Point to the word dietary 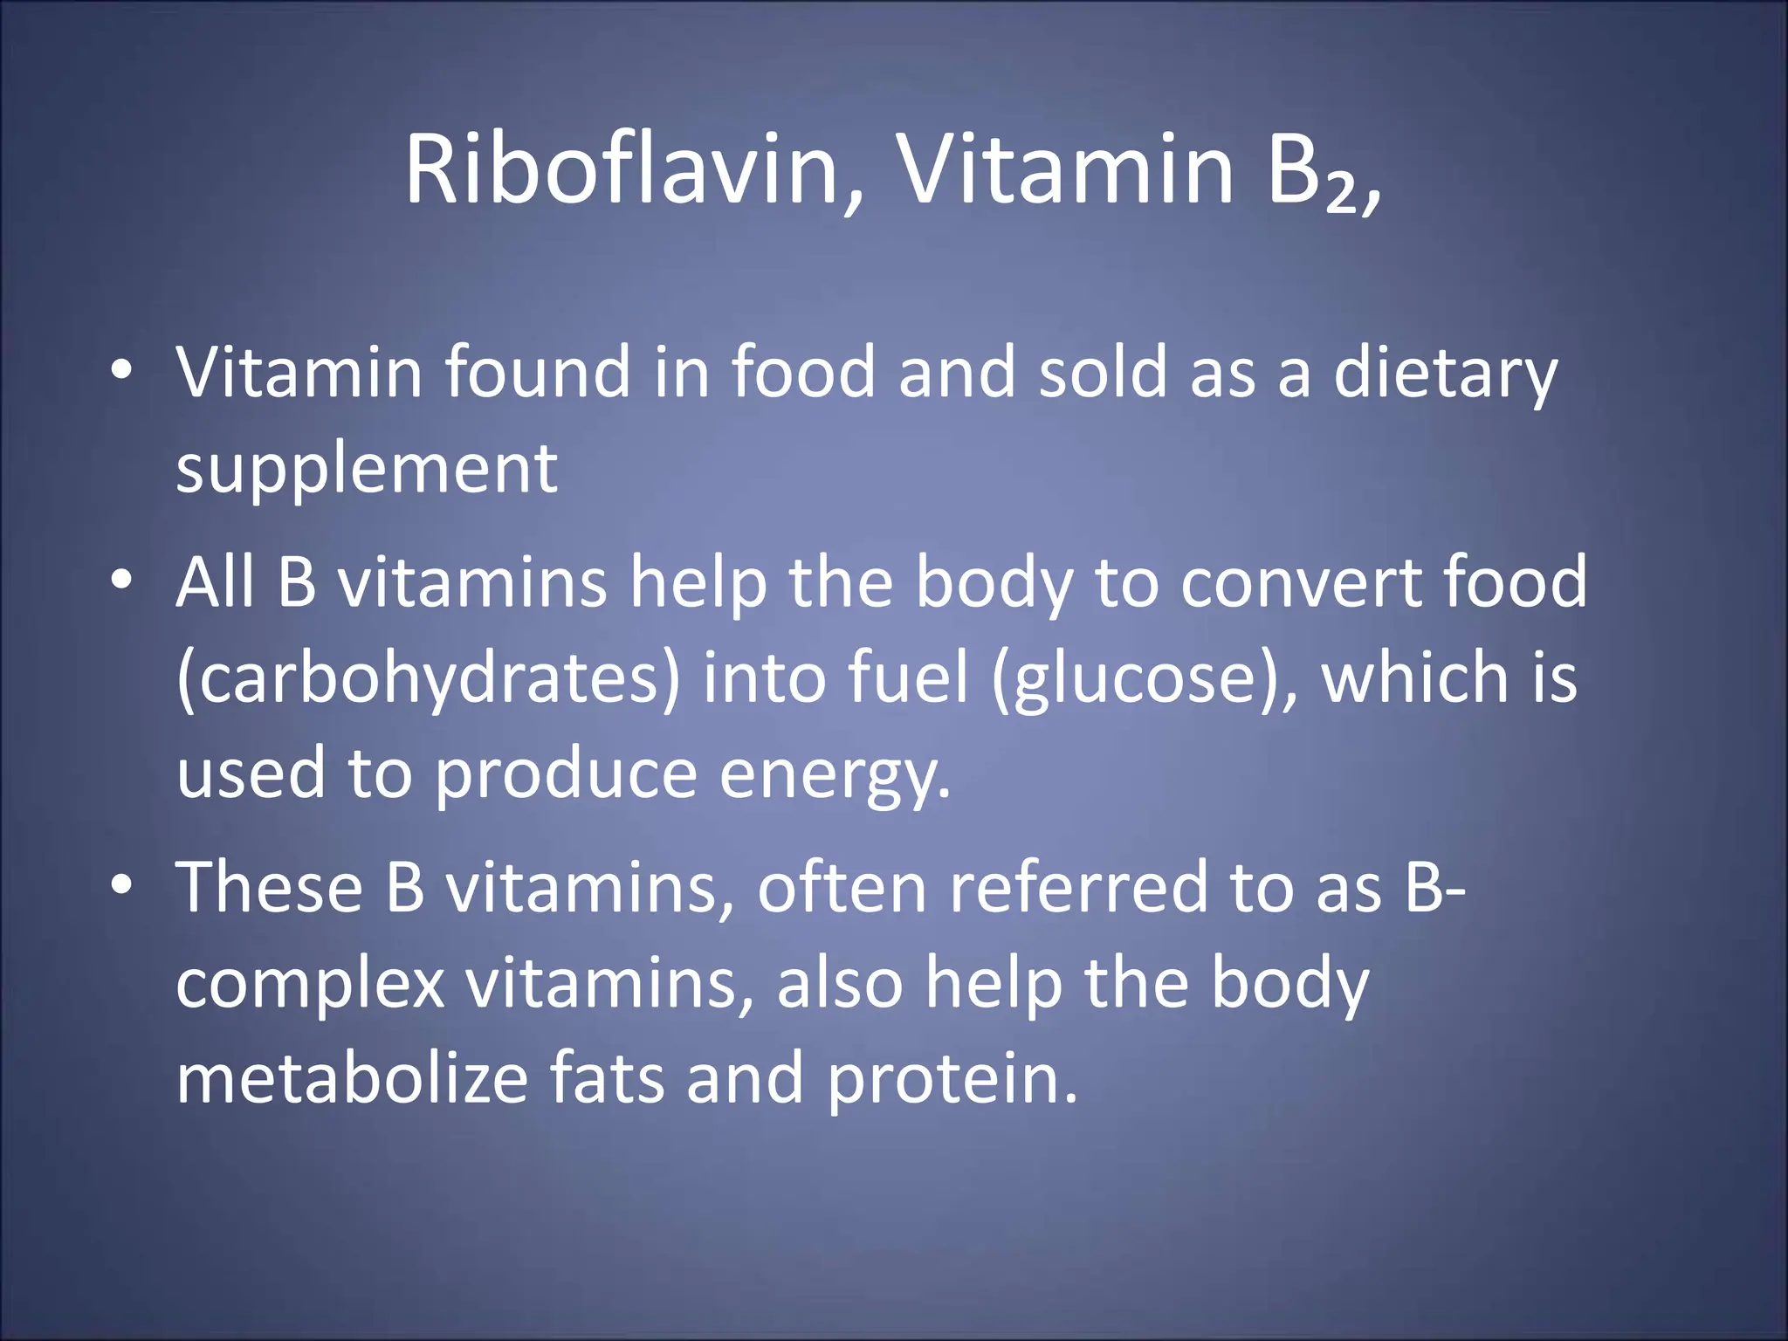pos(1445,374)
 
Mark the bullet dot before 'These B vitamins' pos(122,884)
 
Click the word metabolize pos(353,1079)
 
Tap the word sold pos(1103,372)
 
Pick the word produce pos(566,775)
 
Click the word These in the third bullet pos(269,887)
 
